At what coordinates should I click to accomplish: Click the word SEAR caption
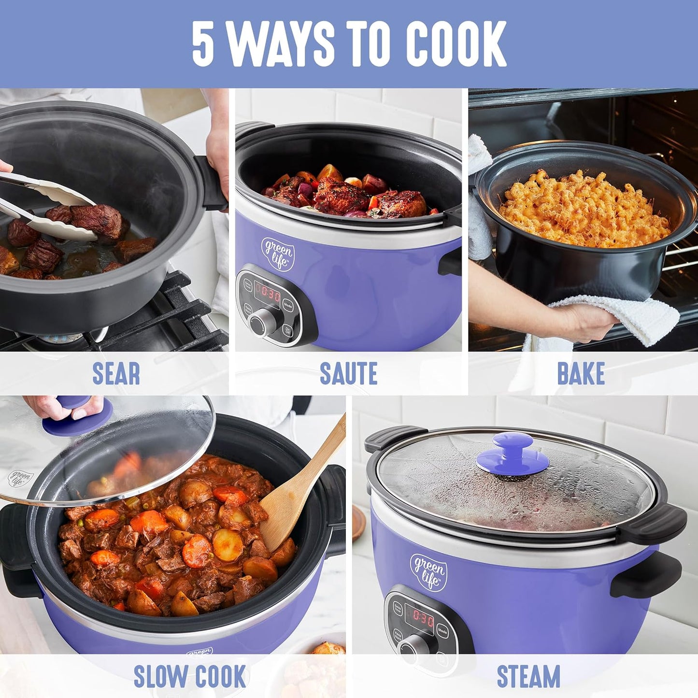point(116,373)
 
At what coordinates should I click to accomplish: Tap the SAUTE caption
point(348,373)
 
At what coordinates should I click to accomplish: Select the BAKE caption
point(581,373)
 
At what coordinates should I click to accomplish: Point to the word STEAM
point(528,676)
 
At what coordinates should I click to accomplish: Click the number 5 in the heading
point(203,43)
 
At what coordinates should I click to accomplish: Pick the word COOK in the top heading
point(456,43)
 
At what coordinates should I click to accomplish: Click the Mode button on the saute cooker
point(288,305)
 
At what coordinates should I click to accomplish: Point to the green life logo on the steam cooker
point(428,571)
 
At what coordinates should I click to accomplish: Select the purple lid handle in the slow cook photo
point(77,415)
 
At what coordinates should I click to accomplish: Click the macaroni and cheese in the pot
point(584,208)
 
